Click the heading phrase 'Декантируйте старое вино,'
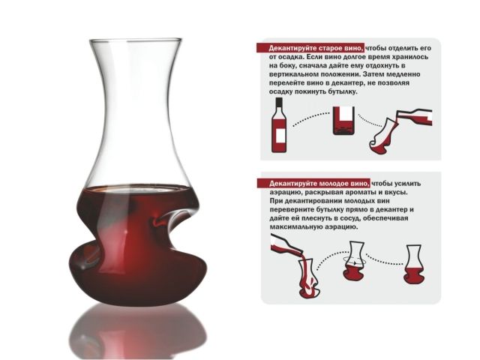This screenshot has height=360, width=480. (316, 48)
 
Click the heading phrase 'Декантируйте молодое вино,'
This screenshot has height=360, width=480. (319, 183)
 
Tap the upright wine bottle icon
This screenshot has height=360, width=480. (279, 125)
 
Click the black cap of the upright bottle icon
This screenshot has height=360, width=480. (279, 102)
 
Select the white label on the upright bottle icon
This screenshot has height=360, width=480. (280, 136)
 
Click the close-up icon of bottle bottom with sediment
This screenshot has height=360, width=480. (343, 121)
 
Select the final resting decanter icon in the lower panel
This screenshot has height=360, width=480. (414, 264)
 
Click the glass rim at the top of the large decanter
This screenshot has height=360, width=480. (136, 40)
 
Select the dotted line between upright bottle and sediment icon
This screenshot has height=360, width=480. (311, 118)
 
